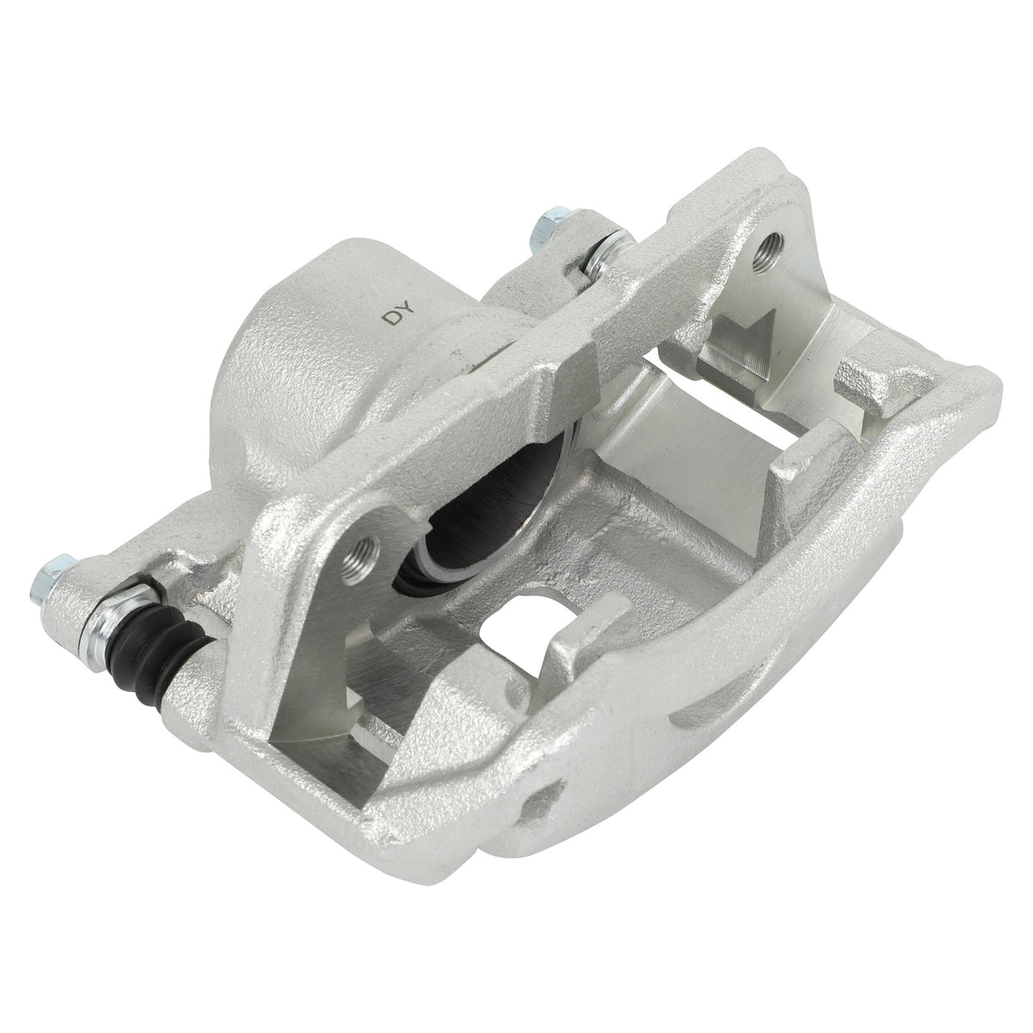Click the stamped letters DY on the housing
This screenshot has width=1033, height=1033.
click(x=399, y=312)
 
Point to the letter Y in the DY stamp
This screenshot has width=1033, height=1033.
click(x=407, y=307)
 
